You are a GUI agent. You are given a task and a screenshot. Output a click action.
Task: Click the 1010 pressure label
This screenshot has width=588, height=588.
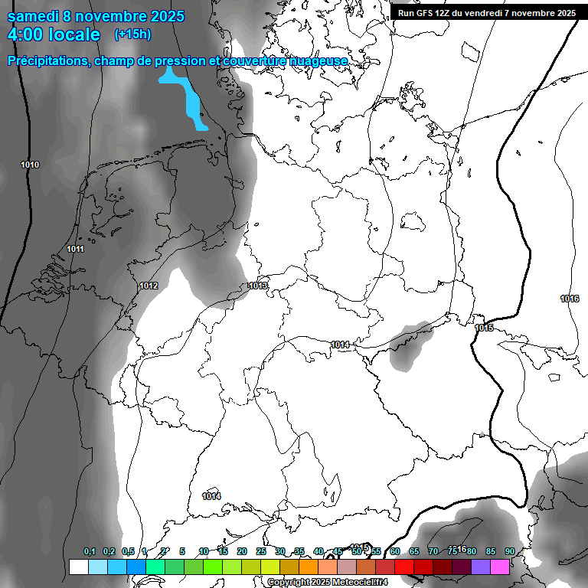30,165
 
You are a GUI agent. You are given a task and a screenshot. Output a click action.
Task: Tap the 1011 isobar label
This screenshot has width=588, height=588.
75,250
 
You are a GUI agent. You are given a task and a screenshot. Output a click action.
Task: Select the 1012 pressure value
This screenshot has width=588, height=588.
149,286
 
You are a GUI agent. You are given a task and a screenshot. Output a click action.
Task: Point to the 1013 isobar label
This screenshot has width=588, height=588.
258,286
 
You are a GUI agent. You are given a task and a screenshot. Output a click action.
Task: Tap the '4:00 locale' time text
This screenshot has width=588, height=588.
54,34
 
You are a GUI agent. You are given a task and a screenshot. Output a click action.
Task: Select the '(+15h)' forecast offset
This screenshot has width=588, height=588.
132,34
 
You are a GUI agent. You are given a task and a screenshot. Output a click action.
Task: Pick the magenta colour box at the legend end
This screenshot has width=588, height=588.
500,567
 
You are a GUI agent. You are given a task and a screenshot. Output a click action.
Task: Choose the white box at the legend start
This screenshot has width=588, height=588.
78,567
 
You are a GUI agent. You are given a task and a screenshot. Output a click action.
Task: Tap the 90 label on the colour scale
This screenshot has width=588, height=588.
509,551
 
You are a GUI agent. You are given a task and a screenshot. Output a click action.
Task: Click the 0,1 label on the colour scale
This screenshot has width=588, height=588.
90,551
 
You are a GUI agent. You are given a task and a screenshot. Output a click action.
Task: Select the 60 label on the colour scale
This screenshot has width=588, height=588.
394,551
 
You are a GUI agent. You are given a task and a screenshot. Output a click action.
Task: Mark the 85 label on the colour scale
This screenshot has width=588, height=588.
490,551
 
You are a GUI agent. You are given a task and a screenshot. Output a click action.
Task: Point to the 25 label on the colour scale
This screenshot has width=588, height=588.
261,551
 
